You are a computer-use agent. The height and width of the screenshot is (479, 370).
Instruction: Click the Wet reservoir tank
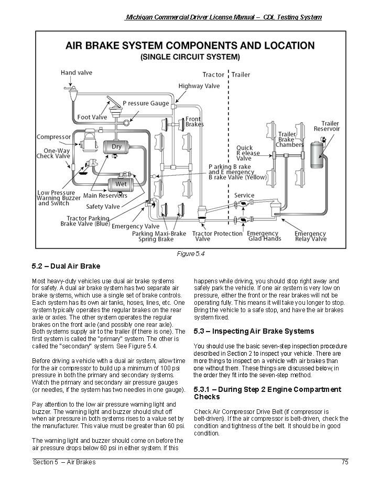tap(121, 184)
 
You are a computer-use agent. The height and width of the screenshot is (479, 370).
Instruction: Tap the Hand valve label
tap(77, 72)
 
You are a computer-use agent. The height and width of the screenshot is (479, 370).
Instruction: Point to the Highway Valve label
tap(199, 86)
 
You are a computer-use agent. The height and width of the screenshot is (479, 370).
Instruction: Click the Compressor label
tap(53, 137)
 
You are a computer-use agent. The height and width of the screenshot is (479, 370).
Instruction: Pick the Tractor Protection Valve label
tap(210, 236)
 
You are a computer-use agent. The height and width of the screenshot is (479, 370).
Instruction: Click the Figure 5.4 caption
tap(190, 254)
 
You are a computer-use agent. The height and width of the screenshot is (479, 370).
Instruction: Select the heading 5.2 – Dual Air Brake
tap(66, 266)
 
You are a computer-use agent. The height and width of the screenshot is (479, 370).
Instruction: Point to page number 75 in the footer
tap(344, 462)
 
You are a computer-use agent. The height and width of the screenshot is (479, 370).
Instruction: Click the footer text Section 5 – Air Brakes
tap(64, 462)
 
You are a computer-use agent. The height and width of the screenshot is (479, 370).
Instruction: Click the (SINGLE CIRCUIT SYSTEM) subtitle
tap(190, 57)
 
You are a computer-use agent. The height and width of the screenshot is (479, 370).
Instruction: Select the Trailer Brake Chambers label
tap(290, 140)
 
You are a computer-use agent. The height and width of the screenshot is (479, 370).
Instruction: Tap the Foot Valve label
tap(92, 117)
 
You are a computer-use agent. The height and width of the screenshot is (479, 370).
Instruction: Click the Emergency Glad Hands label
tap(263, 236)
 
